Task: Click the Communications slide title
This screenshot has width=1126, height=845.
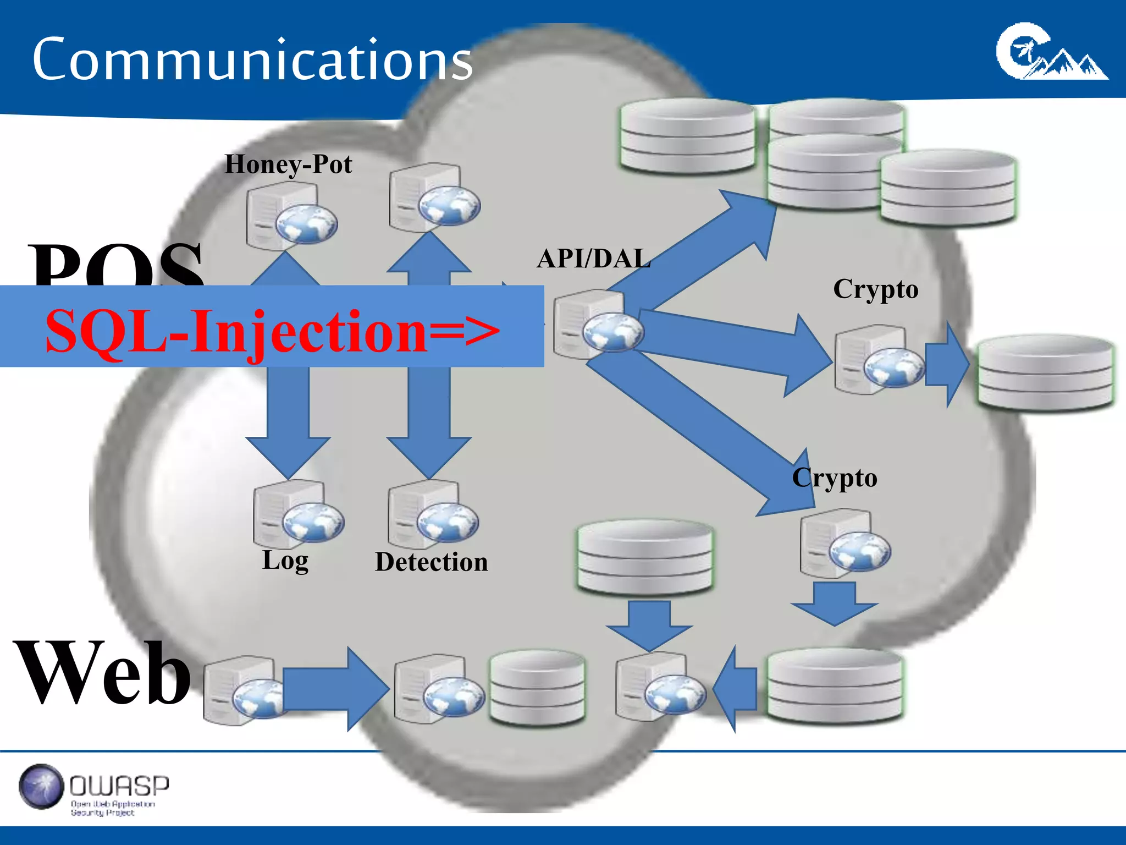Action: coord(252,59)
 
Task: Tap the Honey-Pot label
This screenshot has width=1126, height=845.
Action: coord(288,164)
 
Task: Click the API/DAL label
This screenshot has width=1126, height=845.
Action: coord(593,259)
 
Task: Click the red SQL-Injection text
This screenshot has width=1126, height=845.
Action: coord(272,332)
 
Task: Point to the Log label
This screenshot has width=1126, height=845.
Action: coord(285,561)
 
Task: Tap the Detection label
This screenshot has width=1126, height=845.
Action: coord(431,562)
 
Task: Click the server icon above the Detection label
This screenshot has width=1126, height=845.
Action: coord(432,514)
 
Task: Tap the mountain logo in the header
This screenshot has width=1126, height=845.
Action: coord(1051,53)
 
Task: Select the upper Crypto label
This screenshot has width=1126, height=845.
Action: coord(875,289)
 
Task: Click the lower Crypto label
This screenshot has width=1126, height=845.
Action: coord(834,478)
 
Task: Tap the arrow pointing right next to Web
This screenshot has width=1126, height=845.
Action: coord(334,689)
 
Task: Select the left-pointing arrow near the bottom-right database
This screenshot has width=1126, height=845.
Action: coord(735,689)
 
